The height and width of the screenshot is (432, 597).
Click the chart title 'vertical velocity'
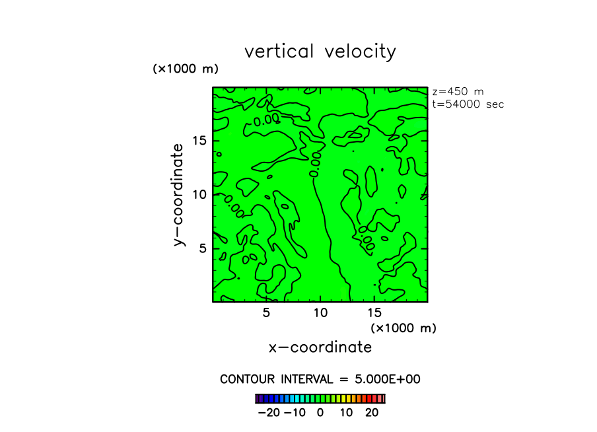[x=320, y=52]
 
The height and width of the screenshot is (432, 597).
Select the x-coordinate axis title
[x=320, y=347]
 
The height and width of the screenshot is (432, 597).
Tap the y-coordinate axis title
[x=178, y=196]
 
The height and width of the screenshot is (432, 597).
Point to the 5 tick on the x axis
[x=266, y=313]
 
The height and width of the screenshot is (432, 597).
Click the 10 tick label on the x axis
[x=320, y=313]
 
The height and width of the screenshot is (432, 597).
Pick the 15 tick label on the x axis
[x=374, y=313]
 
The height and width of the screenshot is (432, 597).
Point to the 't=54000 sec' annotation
[x=468, y=104]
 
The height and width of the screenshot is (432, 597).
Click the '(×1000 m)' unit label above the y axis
[x=185, y=69]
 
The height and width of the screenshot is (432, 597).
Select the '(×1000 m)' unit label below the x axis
[x=404, y=328]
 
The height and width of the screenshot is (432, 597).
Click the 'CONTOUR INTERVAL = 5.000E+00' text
[x=320, y=379]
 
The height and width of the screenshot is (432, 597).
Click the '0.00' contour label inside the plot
[x=266, y=120]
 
